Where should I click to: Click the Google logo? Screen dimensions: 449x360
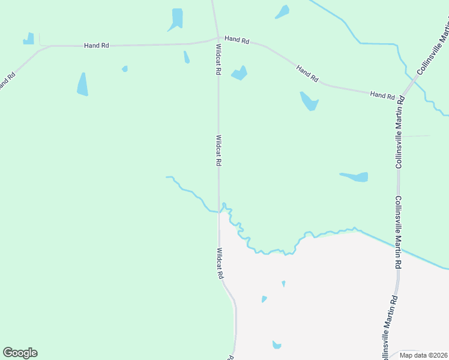(x=20, y=353)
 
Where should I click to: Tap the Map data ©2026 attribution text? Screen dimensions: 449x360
(x=423, y=355)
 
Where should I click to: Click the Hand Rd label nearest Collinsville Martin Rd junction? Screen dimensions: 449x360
(x=382, y=95)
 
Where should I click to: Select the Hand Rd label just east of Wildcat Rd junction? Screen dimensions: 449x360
(x=237, y=39)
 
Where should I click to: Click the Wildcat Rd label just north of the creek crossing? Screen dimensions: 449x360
(x=218, y=150)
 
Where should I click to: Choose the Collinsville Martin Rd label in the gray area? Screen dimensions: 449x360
(x=390, y=327)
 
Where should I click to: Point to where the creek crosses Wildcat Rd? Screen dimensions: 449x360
(x=218, y=211)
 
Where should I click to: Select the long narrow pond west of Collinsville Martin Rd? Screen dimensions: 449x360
(x=355, y=177)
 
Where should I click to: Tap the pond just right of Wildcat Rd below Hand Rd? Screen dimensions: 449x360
(x=240, y=74)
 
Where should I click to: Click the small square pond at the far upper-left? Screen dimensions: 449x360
(x=28, y=39)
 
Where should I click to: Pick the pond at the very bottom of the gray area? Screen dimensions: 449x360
(x=277, y=345)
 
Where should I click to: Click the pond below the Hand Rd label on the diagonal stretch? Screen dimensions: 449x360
(x=309, y=101)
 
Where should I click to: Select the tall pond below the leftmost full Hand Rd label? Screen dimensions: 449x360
(x=82, y=84)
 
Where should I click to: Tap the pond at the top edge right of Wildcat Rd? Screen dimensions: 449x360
(x=282, y=11)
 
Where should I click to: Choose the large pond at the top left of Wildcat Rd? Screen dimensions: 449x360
(x=176, y=19)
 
